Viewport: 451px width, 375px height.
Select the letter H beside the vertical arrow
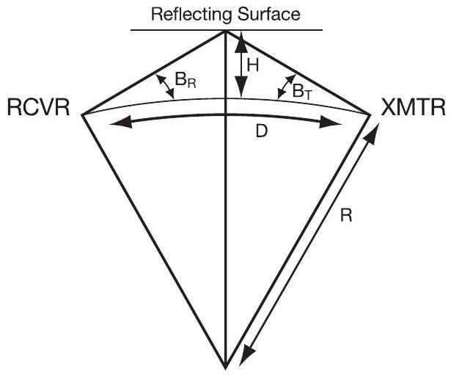point(253,65)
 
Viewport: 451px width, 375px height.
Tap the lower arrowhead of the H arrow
point(238,92)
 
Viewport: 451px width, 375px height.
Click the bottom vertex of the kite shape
point(225,363)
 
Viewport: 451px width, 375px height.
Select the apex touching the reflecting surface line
point(225,30)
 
